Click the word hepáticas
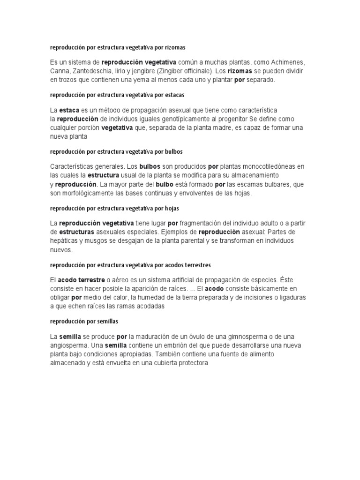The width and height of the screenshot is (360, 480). pos(67,241)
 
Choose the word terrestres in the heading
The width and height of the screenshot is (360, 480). pos(198,265)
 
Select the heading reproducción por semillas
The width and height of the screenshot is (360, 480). pos(84,322)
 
